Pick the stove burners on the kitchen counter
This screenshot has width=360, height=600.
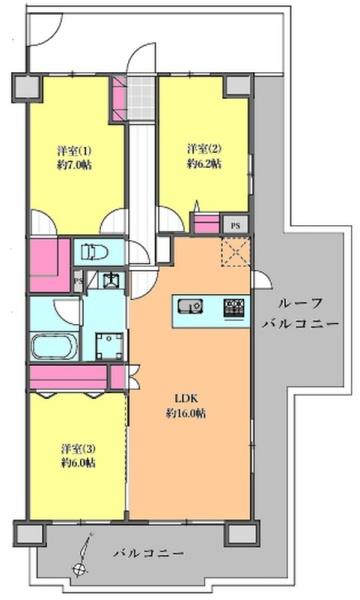click(x=233, y=305)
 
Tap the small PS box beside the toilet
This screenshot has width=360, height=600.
click(x=79, y=281)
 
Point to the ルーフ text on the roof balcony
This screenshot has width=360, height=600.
click(x=299, y=302)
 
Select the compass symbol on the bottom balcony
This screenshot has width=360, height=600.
click(x=80, y=569)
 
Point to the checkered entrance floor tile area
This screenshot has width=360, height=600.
click(x=140, y=95)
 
